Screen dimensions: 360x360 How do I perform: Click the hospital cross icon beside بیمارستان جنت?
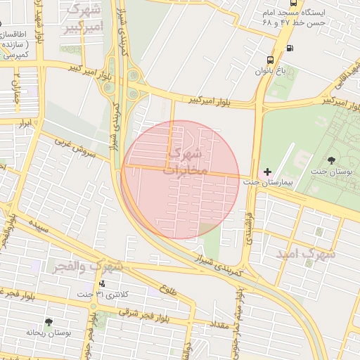pyautogui.click(x=267, y=172)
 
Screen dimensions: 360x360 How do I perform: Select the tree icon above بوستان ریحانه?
pyautogui.click(x=48, y=322)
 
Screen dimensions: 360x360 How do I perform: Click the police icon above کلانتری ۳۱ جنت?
pyautogui.click(x=103, y=283)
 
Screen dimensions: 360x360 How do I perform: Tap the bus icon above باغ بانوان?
pyautogui.click(x=271, y=60)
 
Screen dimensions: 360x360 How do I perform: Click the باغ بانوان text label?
pyautogui.click(x=271, y=71)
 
